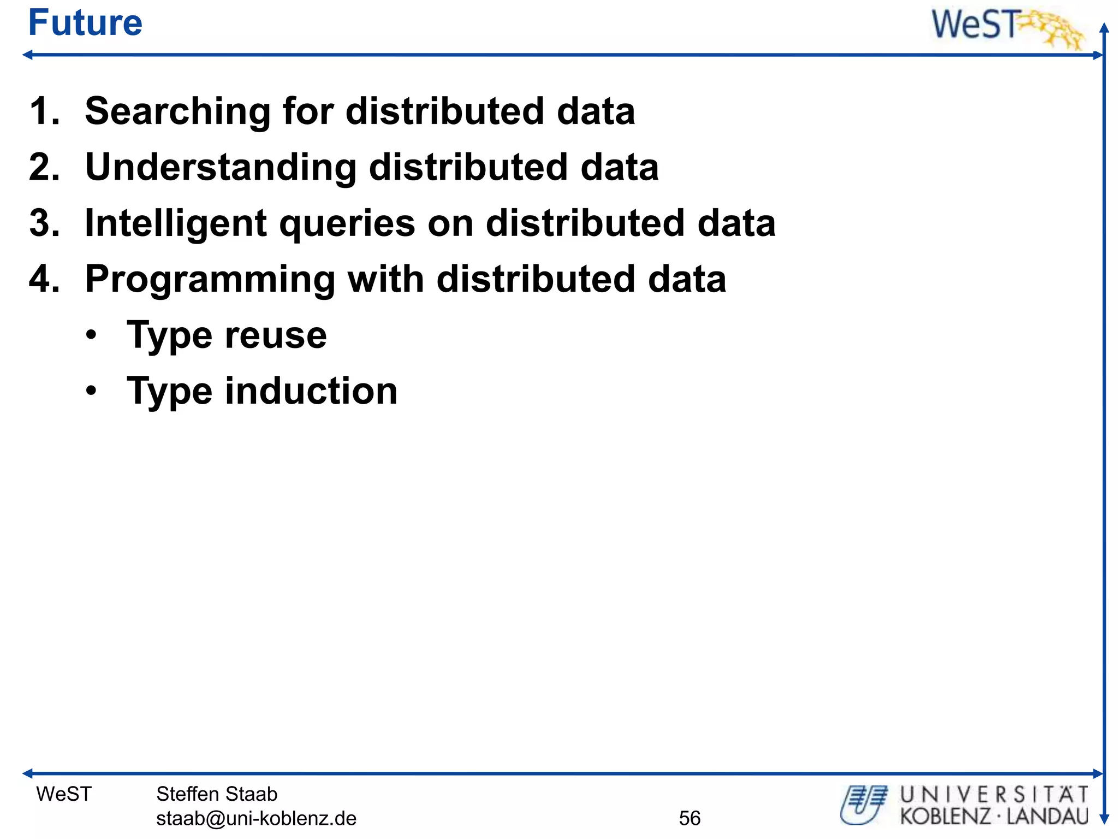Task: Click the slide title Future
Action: (x=85, y=23)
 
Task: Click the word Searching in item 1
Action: (x=177, y=112)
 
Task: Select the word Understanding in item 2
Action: (x=221, y=167)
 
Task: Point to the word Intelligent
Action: (x=176, y=224)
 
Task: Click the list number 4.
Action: (x=44, y=279)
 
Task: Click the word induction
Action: (x=311, y=391)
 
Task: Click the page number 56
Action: (x=689, y=818)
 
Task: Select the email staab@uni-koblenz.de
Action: (x=256, y=818)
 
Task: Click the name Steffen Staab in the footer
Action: (x=217, y=794)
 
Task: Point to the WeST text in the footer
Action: (x=64, y=794)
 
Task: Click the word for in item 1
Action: (x=307, y=112)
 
